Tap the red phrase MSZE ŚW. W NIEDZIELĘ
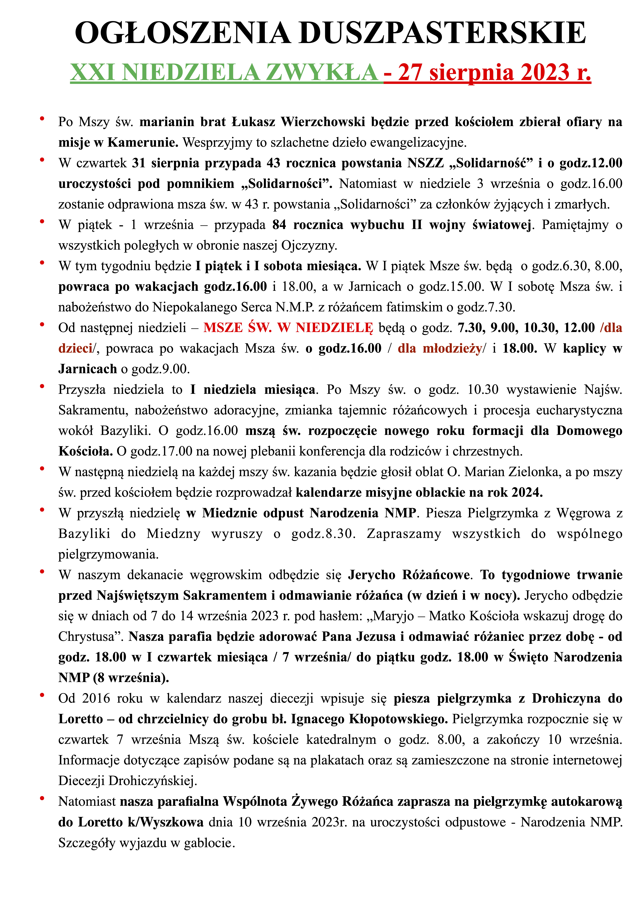(288, 327)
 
